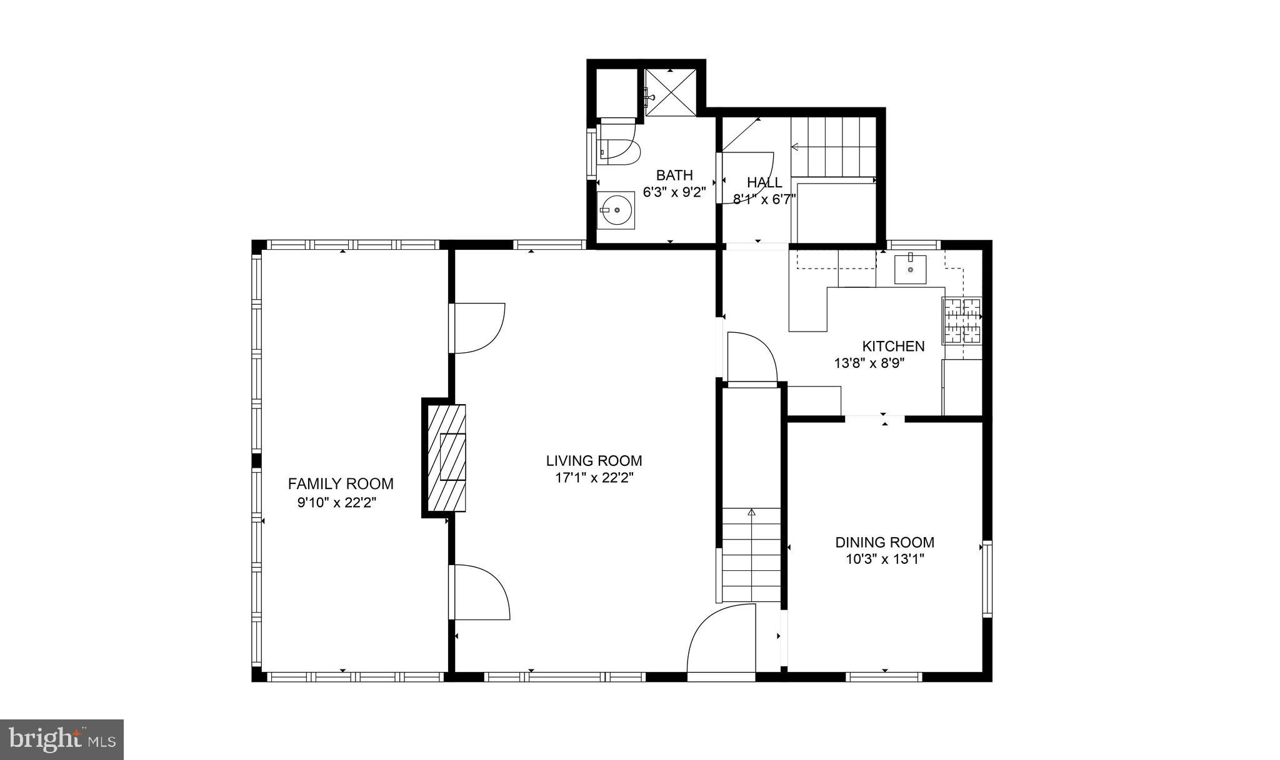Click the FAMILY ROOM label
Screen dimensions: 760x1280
(341, 483)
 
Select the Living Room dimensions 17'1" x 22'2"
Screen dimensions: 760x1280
(594, 478)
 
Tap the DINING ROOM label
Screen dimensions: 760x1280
(884, 542)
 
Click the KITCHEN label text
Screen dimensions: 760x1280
(893, 346)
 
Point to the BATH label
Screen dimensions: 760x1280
(674, 175)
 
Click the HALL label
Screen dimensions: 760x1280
(764, 182)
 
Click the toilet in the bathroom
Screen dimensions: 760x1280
(619, 151)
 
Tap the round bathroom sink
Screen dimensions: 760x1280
(616, 210)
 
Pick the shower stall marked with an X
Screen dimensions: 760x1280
(670, 92)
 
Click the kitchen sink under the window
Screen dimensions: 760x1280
(910, 269)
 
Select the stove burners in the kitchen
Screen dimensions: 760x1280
(962, 321)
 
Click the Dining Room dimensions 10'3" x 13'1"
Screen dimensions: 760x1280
(884, 560)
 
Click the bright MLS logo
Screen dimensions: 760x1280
(62, 740)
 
